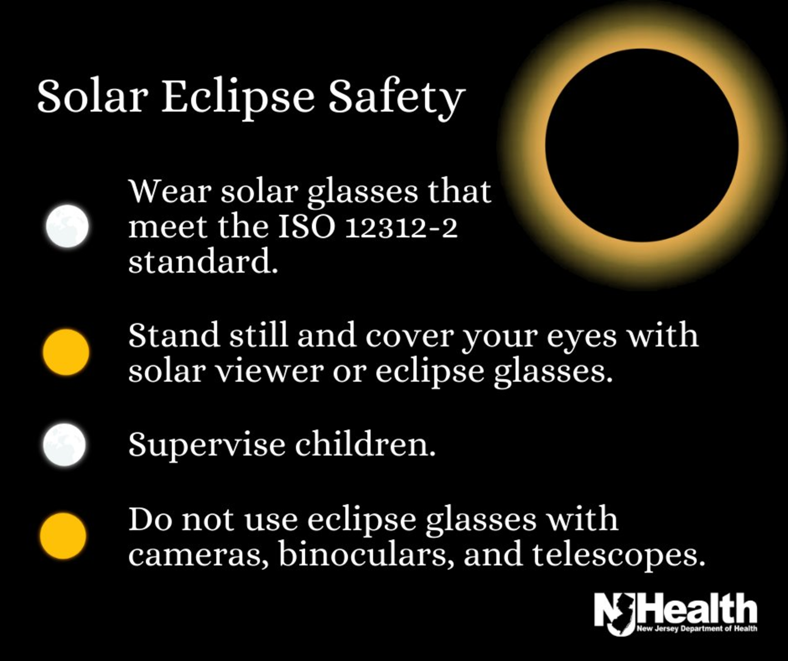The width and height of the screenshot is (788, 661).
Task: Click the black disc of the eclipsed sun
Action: [x=641, y=145]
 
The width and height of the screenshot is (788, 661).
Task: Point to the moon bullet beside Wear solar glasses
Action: [x=67, y=226]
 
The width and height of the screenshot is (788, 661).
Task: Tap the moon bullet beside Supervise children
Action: [x=64, y=445]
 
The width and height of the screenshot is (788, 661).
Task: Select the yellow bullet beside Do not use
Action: [x=63, y=535]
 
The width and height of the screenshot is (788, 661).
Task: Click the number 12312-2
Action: [x=401, y=228]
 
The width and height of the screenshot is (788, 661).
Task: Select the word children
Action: [x=365, y=444]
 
